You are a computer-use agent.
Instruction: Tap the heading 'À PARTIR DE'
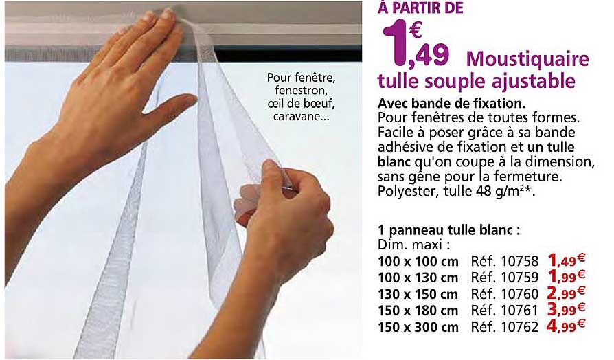click(x=420, y=8)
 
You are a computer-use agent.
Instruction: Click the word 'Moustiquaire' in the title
click(x=527, y=59)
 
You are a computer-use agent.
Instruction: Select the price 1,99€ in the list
click(x=565, y=277)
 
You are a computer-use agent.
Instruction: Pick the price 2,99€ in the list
click(x=565, y=293)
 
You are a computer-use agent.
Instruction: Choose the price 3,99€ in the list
click(x=565, y=310)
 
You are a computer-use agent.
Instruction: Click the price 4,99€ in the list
click(x=565, y=326)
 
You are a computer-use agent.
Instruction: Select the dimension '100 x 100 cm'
click(x=418, y=261)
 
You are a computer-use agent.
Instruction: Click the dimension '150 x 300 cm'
click(x=418, y=327)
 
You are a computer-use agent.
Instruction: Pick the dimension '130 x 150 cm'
click(x=418, y=294)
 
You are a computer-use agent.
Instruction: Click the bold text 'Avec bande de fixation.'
click(x=451, y=104)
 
